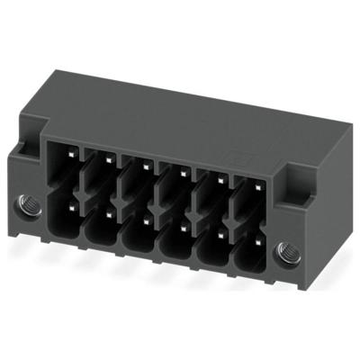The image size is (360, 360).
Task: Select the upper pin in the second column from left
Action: tap(107, 157)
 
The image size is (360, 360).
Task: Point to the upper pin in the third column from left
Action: tap(143, 165)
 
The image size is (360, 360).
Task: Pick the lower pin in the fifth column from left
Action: tap(220, 235)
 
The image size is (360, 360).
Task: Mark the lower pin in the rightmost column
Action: tap(256, 243)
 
